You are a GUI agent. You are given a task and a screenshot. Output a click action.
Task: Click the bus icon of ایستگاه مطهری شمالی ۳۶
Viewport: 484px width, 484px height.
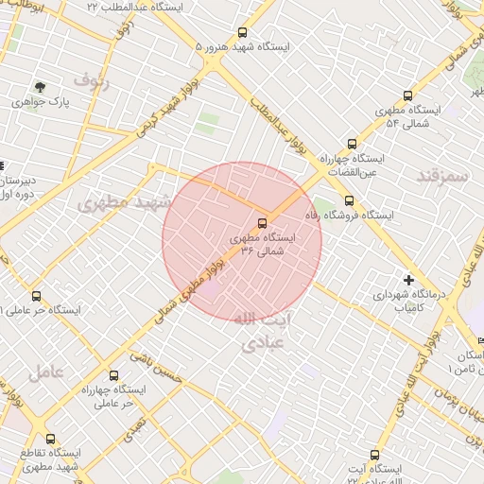(x=262, y=224)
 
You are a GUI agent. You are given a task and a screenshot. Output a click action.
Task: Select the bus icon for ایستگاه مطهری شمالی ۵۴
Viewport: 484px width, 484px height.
(x=407, y=95)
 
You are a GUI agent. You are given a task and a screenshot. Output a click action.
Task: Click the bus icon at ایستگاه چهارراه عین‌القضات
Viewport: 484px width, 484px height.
(x=352, y=145)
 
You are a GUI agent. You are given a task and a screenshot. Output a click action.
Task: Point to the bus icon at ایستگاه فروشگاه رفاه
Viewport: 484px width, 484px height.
(x=350, y=199)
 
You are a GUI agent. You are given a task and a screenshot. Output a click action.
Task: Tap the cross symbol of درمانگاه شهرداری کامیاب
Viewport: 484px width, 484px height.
(x=407, y=279)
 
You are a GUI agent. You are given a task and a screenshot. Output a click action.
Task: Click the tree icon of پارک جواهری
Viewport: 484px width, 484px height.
(x=39, y=86)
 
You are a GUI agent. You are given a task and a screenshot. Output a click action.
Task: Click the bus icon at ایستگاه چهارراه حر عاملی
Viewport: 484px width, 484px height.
(x=113, y=375)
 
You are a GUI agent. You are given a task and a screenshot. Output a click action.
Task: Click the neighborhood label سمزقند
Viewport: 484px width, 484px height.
(x=441, y=177)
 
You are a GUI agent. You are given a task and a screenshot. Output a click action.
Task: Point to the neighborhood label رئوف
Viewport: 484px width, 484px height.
(x=93, y=82)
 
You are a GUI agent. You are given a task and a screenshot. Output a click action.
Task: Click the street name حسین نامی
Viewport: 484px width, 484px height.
(x=154, y=371)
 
